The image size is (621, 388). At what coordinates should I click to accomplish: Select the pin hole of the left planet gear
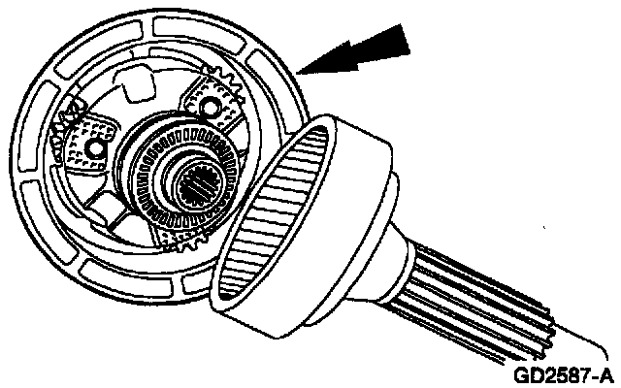pyautogui.click(x=95, y=148)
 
